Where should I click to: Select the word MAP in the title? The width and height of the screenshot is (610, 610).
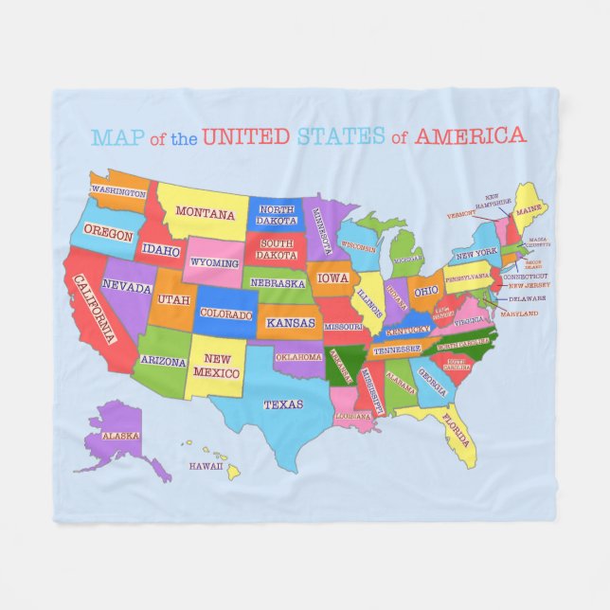point(117,137)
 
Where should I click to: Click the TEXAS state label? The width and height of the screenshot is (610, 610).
point(283,404)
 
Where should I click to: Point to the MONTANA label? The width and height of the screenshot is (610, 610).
point(206,213)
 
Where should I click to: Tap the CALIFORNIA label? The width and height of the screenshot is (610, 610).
point(94,309)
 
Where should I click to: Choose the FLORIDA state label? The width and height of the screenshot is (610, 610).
point(457,430)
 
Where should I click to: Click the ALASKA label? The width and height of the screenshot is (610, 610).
point(121,436)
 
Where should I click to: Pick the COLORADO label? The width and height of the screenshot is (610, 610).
point(226,314)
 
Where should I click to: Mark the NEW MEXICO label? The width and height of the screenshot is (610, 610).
point(218,366)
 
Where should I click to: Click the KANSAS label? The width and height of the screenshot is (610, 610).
point(290,323)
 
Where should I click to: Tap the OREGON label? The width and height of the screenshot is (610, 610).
point(108,233)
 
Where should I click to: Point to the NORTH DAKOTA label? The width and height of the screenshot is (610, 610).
point(278,214)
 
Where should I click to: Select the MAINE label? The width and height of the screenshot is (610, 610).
point(529,207)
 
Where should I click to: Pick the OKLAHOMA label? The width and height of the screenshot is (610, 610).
point(299,357)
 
